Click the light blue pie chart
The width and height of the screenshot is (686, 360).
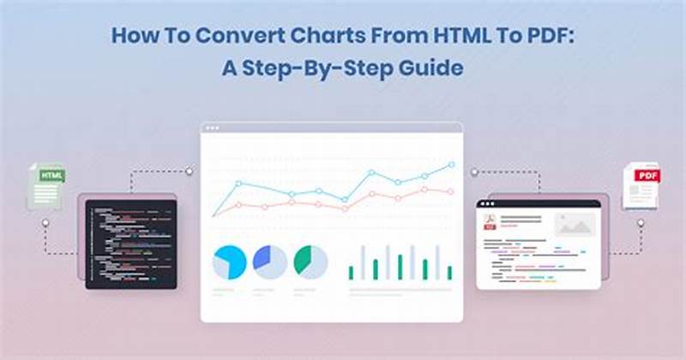click(x=230, y=261)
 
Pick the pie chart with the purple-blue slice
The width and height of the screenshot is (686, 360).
click(x=269, y=261)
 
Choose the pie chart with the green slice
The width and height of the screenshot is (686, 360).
click(x=310, y=261)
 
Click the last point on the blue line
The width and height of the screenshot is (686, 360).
click(x=451, y=163)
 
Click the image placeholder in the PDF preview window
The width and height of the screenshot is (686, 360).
click(x=574, y=225)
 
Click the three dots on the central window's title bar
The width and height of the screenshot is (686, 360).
click(x=211, y=128)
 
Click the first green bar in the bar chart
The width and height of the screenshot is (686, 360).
click(x=351, y=273)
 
